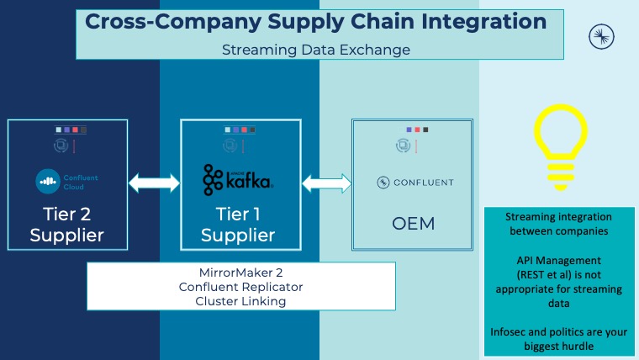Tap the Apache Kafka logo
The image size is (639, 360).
(x=238, y=179)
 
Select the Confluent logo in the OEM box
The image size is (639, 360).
(x=415, y=183)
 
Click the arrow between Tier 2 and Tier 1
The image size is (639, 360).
(x=154, y=183)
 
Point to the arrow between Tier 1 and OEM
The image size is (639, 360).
(x=326, y=183)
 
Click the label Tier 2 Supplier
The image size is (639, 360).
(x=67, y=223)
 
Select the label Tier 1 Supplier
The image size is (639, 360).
(x=238, y=223)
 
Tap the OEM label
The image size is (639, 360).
(x=415, y=225)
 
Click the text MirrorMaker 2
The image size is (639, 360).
(x=240, y=273)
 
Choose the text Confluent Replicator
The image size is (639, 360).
(x=240, y=287)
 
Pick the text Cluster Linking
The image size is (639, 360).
(x=240, y=300)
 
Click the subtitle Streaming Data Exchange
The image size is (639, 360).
(x=316, y=50)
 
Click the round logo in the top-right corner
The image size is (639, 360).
(x=602, y=35)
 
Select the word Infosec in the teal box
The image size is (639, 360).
(x=515, y=331)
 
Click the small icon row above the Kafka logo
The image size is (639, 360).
(x=238, y=130)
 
